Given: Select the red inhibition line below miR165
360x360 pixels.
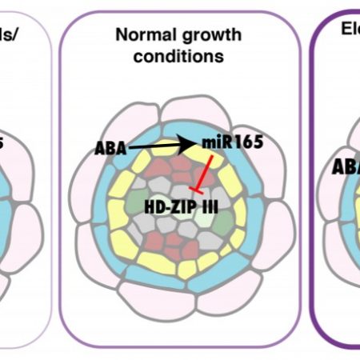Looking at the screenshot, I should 206,176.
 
